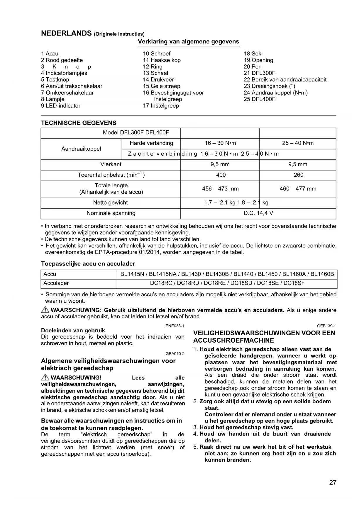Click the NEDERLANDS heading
click(x=66, y=33)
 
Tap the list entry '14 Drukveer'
click(x=158, y=80)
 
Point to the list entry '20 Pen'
click(x=253, y=67)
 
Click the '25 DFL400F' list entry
click(x=260, y=99)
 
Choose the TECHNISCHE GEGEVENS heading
click(x=79, y=123)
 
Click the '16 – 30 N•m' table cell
click(x=220, y=143)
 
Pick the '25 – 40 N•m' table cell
click(x=298, y=143)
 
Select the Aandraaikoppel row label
click(x=81, y=149)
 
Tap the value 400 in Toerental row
click(x=221, y=175)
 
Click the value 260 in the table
click(x=298, y=175)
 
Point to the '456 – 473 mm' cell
click(x=220, y=189)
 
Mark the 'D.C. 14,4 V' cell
click(x=258, y=213)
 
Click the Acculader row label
click(x=56, y=283)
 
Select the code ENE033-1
click(x=175, y=326)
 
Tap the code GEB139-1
click(x=326, y=326)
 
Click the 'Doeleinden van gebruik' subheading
click(x=73, y=331)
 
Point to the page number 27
click(x=333, y=483)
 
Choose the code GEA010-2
click(x=175, y=354)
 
